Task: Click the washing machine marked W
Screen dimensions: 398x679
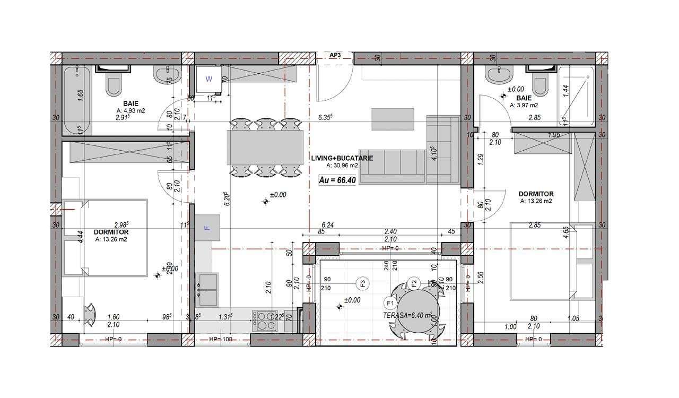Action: tap(209, 80)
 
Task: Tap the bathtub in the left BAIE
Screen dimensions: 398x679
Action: tap(77, 100)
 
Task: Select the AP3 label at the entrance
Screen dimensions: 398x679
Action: tap(335, 55)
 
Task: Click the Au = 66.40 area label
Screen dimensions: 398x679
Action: tap(337, 180)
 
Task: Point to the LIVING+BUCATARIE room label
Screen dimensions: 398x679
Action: tap(342, 158)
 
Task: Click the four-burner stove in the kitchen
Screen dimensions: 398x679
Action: tap(264, 320)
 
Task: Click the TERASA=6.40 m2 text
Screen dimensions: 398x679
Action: tap(407, 315)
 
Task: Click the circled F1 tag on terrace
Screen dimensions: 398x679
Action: tap(390, 304)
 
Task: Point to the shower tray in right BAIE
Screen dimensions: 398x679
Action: tap(576, 98)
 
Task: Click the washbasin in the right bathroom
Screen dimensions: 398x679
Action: tap(498, 76)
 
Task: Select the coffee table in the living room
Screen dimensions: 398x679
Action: tap(393, 119)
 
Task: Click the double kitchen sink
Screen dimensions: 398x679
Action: tap(208, 289)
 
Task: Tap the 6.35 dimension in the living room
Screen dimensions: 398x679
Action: tap(325, 117)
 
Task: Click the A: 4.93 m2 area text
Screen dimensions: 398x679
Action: tap(131, 111)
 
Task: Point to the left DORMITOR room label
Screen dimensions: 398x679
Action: tap(111, 232)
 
